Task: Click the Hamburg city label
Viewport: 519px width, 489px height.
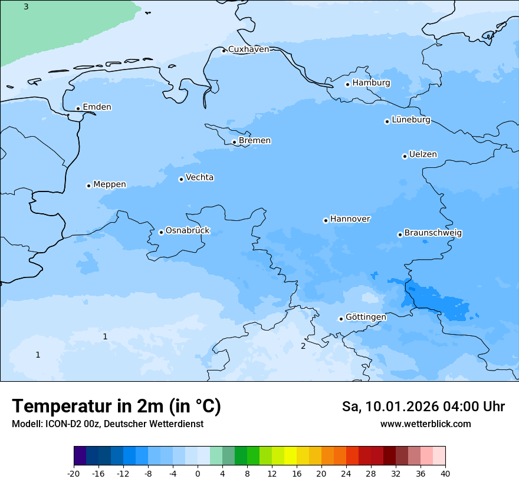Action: point(371,83)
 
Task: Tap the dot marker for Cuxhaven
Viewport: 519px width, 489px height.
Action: point(224,51)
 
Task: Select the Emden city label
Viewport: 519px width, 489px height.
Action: point(97,107)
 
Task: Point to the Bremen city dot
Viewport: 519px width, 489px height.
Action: point(234,142)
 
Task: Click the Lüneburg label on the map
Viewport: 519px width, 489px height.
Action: point(410,120)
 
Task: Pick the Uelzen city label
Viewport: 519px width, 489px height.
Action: point(423,155)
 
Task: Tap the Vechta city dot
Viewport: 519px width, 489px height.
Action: point(181,179)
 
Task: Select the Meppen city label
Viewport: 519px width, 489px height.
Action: point(110,184)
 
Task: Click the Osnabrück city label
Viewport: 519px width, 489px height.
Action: point(188,231)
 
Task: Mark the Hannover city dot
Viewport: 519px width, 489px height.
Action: point(326,221)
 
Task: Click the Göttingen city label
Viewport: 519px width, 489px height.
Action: point(366,318)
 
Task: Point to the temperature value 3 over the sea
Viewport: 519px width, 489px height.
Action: point(26,6)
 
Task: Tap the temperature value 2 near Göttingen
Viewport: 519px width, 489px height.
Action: point(303,346)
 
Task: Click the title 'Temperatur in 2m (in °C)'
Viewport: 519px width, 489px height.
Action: point(116,407)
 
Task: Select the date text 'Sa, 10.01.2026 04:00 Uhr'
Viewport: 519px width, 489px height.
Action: point(423,407)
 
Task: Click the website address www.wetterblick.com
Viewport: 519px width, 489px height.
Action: point(425,424)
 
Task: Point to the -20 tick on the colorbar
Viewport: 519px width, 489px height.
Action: point(74,474)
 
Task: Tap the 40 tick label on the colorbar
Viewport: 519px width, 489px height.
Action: point(445,474)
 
